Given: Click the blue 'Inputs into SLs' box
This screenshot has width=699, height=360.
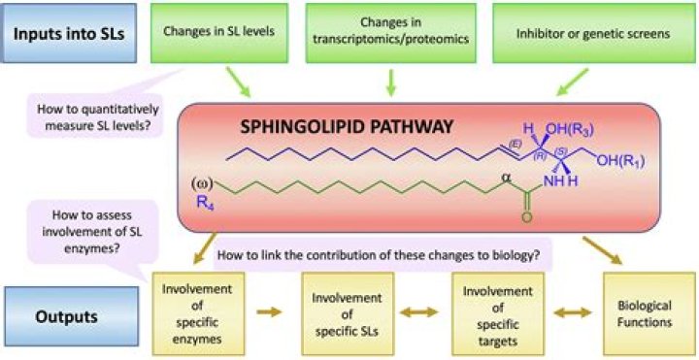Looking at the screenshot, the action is click(68, 33).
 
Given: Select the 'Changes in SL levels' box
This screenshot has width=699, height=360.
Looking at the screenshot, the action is click(219, 33).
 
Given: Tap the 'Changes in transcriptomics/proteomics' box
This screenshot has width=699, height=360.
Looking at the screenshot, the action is click(390, 33).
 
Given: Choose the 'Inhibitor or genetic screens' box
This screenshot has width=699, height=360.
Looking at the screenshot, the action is click(593, 33).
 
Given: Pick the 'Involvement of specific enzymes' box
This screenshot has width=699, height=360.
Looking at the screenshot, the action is click(198, 314).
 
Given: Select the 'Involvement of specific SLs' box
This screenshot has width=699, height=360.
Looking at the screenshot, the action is click(348, 314).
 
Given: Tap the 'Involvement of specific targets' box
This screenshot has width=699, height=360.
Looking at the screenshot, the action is click(497, 314).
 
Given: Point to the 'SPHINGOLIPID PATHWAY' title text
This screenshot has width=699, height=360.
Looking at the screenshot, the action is click(347, 128).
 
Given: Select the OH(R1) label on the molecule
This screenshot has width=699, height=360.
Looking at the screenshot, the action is click(620, 161).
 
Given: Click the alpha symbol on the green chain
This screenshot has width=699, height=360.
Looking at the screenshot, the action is click(506, 178).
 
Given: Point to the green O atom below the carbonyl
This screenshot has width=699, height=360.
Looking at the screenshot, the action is click(527, 217).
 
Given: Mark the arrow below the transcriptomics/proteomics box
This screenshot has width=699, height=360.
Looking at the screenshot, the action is click(390, 82).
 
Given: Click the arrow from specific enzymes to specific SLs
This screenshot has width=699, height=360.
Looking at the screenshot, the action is click(269, 311).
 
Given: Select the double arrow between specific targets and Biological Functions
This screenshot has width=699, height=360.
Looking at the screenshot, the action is click(574, 312).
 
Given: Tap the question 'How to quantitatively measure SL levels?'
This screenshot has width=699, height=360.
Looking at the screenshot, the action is click(97, 115).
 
